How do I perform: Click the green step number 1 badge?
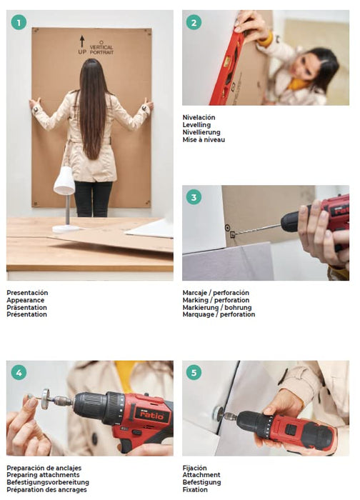19,23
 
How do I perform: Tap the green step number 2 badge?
194,23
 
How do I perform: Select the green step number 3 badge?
194,197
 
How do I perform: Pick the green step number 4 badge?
19,372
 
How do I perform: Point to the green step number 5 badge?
194,372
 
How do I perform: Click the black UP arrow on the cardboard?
82,41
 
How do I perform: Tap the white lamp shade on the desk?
64,181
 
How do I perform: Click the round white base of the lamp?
66,229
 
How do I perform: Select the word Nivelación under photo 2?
199,117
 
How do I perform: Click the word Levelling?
196,125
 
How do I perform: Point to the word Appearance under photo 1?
26,300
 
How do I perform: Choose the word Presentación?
27,292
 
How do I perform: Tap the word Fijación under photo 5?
194,468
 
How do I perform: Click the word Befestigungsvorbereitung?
48,482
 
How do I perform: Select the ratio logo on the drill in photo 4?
151,415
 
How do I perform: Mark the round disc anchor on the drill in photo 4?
45,399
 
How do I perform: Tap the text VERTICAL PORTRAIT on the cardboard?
101,49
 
